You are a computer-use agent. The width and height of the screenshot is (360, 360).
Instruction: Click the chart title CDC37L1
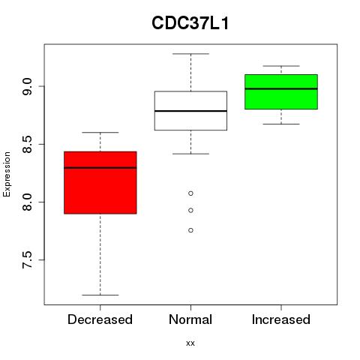coord(190,23)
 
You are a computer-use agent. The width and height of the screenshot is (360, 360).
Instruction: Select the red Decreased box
coord(100,182)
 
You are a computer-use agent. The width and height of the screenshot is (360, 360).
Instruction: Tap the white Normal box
coord(190,110)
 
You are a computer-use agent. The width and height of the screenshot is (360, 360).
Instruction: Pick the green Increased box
coord(281,91)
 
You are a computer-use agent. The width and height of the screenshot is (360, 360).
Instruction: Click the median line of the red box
coord(100,168)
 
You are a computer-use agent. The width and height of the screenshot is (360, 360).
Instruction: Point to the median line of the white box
coord(190,111)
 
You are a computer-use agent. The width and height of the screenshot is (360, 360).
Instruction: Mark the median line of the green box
coord(281,88)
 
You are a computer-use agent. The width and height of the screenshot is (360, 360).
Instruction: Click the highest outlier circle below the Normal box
coord(190,193)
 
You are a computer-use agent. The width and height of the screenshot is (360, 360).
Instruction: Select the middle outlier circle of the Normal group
coord(190,211)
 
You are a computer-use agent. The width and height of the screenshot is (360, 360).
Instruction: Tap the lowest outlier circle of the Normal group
coord(190,230)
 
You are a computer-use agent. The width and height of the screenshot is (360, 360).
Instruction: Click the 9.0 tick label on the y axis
coord(27,86)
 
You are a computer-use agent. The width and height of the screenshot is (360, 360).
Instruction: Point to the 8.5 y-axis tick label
coord(27,145)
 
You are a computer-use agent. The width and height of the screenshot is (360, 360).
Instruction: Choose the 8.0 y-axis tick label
coord(27,202)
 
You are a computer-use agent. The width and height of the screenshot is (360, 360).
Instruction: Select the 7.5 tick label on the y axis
coord(27,260)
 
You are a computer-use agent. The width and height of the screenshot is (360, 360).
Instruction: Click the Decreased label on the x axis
coord(100,319)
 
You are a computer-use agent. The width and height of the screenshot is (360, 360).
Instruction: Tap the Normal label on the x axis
coord(190,319)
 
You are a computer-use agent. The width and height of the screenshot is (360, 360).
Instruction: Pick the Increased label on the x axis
coord(281,319)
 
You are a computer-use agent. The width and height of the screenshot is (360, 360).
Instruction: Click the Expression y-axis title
coord(7,174)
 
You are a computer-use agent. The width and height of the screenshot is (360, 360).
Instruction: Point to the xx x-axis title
coord(190,343)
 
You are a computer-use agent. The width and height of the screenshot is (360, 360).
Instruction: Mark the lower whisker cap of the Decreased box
coord(100,295)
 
